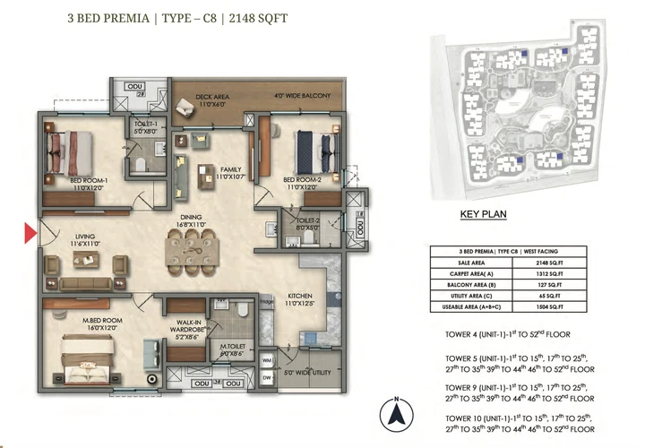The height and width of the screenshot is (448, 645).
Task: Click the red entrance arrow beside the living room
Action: coord(30,235)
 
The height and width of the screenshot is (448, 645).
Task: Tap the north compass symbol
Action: coord(393,415)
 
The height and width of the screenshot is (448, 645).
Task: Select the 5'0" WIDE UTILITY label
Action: coord(306,371)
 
